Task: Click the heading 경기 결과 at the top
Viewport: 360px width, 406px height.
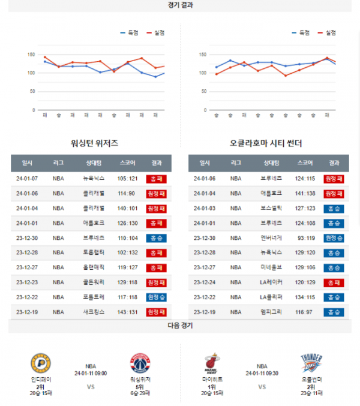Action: click(180, 5)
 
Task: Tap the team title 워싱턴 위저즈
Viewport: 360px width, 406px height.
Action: click(94, 143)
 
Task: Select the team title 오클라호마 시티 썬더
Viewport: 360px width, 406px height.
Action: click(266, 143)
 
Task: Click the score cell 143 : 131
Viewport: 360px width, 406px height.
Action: click(127, 312)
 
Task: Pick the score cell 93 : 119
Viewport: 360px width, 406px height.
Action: click(305, 238)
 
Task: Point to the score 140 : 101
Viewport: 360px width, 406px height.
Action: click(127, 208)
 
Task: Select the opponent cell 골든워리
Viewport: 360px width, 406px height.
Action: click(94, 282)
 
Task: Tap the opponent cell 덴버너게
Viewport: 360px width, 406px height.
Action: click(271, 238)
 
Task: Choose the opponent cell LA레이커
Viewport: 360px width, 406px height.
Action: click(271, 282)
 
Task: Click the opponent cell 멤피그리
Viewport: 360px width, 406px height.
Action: click(271, 312)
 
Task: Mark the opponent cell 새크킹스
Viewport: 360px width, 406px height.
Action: click(94, 312)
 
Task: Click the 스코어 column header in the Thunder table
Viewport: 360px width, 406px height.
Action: click(305, 163)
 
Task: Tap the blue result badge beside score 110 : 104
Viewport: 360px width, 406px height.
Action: click(156, 238)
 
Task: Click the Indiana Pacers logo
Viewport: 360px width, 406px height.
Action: click(41, 364)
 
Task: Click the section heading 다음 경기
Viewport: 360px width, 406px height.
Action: click(180, 326)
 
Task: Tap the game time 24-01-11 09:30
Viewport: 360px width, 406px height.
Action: click(262, 373)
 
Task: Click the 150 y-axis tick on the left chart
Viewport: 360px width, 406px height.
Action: click(32, 55)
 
